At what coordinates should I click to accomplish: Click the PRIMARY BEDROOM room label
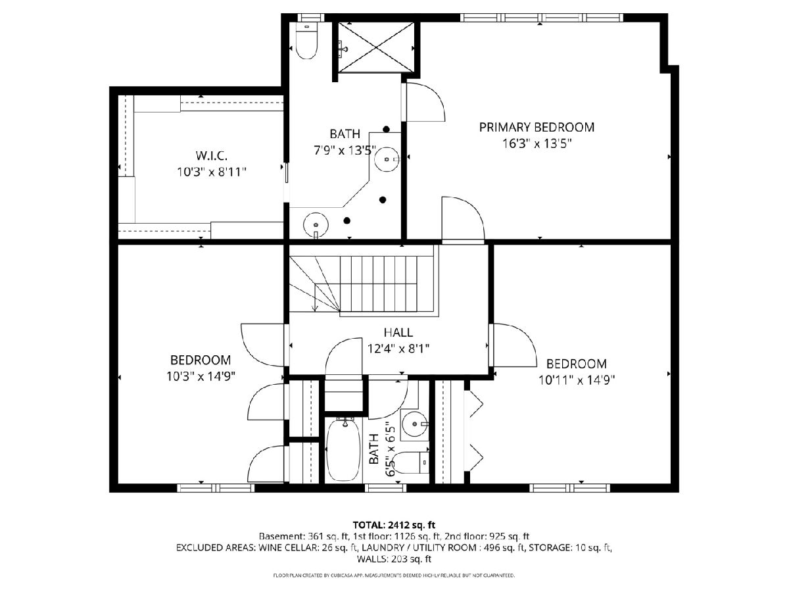pyautogui.click(x=537, y=127)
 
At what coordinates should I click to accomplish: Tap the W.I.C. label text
pyautogui.click(x=211, y=156)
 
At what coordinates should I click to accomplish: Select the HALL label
pyautogui.click(x=398, y=332)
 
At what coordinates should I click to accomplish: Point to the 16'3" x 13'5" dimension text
pyautogui.click(x=537, y=144)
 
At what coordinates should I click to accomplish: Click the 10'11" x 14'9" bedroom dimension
pyautogui.click(x=577, y=380)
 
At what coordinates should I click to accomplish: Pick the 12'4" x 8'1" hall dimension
pyautogui.click(x=398, y=349)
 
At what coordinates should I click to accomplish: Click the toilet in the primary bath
pyautogui.click(x=306, y=41)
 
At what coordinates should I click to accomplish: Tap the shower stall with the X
pyautogui.click(x=375, y=47)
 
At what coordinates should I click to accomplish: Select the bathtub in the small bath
pyautogui.click(x=343, y=449)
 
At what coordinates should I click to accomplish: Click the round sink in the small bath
pyautogui.click(x=415, y=424)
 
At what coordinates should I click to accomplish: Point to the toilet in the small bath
pyautogui.click(x=410, y=462)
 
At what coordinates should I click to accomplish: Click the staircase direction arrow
pyautogui.click(x=315, y=297)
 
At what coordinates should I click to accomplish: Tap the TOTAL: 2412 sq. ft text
pyautogui.click(x=394, y=525)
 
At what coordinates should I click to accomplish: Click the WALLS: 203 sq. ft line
pyautogui.click(x=394, y=559)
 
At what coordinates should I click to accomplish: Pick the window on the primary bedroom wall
pyautogui.click(x=542, y=18)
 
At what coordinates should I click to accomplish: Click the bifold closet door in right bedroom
pyautogui.click(x=473, y=432)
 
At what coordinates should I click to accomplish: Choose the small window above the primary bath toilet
pyautogui.click(x=311, y=18)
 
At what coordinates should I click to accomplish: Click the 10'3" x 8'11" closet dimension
pyautogui.click(x=211, y=172)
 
